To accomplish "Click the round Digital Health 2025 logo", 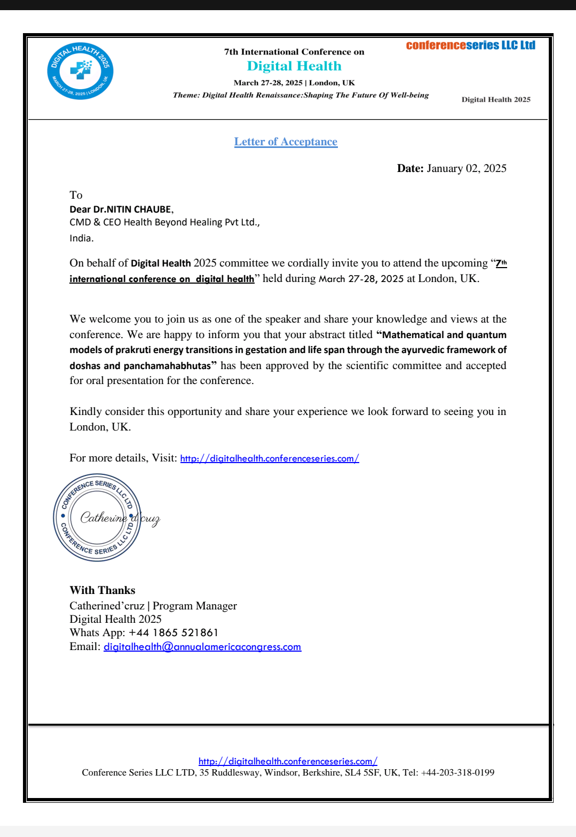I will [x=80, y=71].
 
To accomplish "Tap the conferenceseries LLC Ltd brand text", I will [x=470, y=45].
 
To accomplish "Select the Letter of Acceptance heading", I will [x=286, y=142].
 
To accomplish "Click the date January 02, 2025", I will [x=466, y=168].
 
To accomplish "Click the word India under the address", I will [x=81, y=238].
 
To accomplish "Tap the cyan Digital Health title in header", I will [x=294, y=66].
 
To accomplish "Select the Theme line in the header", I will [x=301, y=95].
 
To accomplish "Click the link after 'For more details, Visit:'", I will [x=270, y=458].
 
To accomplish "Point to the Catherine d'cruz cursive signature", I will [x=120, y=518].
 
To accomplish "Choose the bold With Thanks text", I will [x=102, y=590].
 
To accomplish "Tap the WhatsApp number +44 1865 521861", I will [x=173, y=632].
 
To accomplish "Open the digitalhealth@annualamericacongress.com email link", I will [x=202, y=647].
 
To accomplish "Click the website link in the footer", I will [x=288, y=761].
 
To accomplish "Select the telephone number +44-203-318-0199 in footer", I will [x=457, y=772].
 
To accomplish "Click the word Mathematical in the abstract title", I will [x=414, y=335].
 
